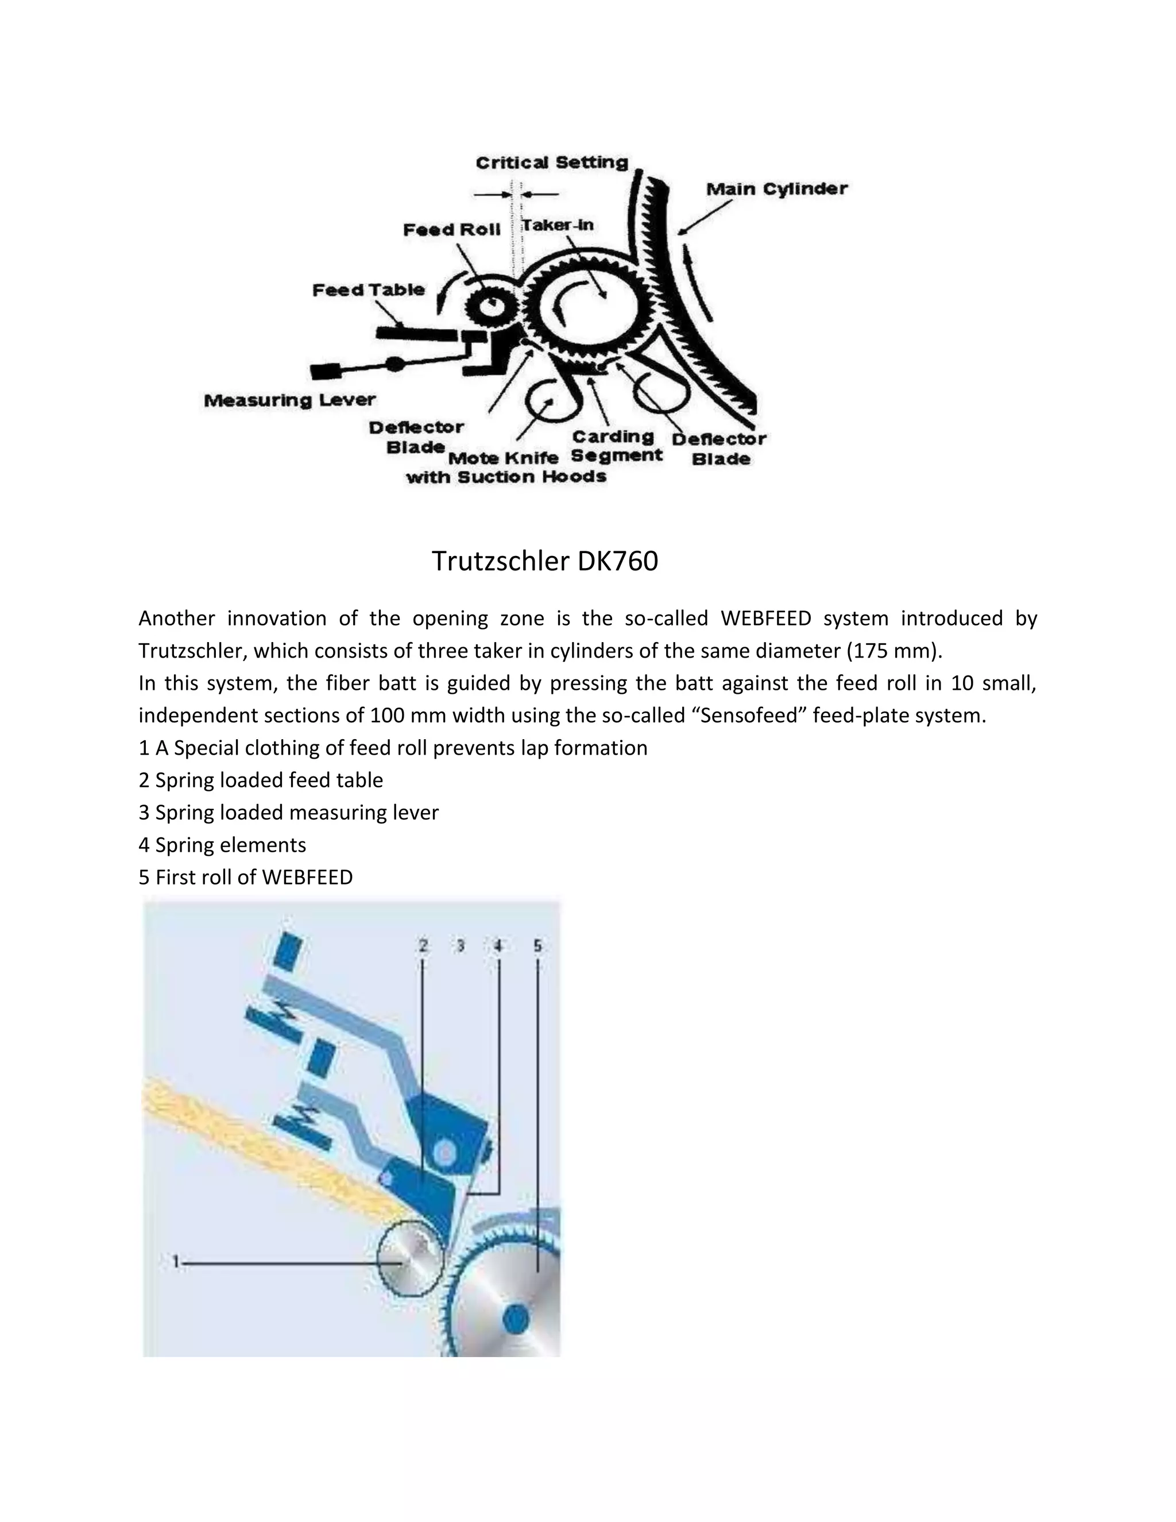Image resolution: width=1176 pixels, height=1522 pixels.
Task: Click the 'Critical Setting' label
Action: click(552, 163)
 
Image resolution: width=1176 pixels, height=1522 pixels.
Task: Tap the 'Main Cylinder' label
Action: click(776, 189)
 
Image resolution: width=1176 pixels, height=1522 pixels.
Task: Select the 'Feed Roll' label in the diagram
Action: click(451, 230)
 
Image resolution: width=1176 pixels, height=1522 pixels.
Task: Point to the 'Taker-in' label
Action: click(558, 225)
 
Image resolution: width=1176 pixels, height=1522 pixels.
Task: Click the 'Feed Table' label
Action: click(368, 290)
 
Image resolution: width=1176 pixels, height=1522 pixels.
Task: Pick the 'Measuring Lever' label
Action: click(289, 401)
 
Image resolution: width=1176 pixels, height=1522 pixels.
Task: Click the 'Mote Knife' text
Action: click(503, 458)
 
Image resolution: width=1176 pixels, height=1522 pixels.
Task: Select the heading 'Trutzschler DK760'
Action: click(544, 562)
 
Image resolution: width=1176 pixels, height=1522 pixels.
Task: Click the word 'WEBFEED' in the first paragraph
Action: click(765, 619)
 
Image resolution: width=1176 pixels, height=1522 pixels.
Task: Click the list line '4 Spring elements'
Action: click(222, 845)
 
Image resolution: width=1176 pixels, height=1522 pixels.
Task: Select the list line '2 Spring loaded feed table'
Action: click(261, 781)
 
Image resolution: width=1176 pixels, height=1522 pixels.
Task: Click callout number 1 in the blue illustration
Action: click(177, 1262)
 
